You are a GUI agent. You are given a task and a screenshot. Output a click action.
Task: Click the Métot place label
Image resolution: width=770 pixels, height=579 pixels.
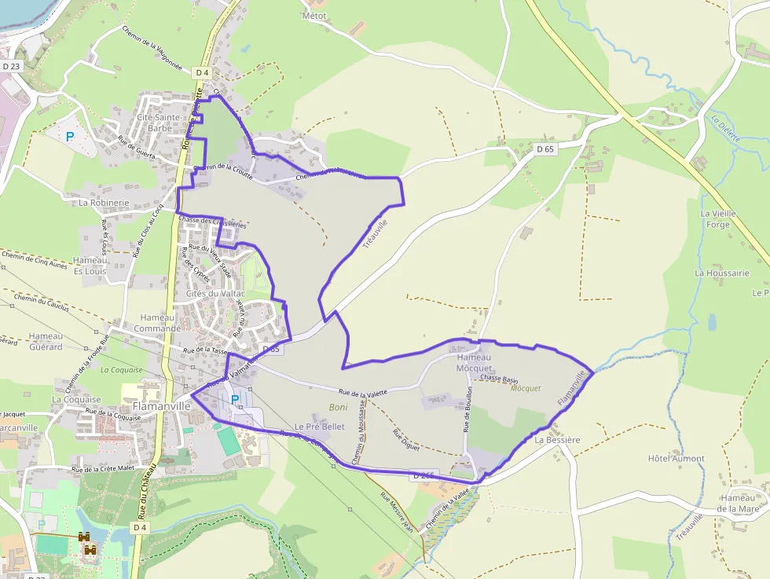(314, 15)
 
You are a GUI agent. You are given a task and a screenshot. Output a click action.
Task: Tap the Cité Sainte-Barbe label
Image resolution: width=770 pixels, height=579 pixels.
(159, 123)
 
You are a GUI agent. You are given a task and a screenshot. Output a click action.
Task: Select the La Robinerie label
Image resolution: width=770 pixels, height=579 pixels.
(104, 202)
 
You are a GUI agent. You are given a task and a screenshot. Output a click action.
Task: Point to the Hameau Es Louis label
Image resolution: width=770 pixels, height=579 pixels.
(90, 266)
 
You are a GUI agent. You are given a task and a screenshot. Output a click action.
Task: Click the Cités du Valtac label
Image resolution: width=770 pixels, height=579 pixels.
(216, 293)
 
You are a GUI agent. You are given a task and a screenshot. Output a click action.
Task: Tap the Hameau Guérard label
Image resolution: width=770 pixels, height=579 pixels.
(45, 341)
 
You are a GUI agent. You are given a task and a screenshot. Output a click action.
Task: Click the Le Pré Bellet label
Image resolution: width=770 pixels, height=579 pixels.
(320, 427)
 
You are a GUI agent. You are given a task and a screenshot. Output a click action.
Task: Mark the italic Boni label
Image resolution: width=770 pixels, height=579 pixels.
(338, 407)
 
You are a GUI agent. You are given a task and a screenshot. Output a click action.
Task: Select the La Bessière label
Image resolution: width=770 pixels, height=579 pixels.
(557, 440)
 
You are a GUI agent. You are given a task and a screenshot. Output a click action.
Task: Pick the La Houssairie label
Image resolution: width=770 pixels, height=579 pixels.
(722, 273)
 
